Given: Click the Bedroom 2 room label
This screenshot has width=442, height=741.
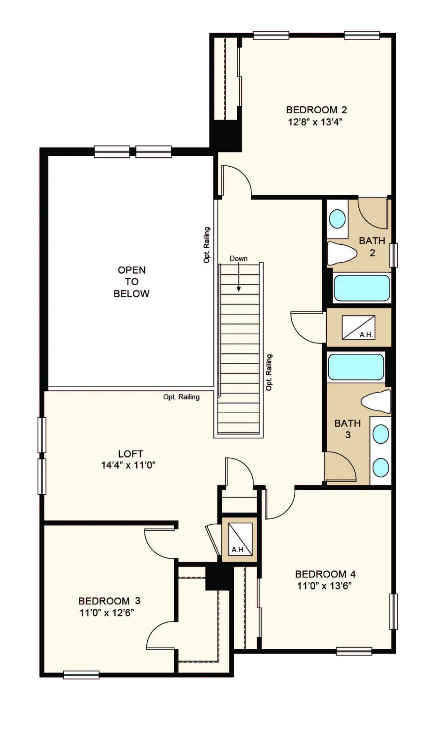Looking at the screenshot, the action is click(x=316, y=110).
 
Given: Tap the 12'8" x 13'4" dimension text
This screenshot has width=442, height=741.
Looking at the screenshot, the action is click(x=315, y=122).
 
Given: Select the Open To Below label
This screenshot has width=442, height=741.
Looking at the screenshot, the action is click(x=132, y=282).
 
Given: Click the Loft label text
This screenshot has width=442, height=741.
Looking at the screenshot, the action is click(x=131, y=454).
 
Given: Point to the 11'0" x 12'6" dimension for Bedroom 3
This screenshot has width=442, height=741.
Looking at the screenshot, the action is click(x=106, y=613).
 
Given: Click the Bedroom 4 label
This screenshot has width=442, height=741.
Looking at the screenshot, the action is click(x=325, y=574).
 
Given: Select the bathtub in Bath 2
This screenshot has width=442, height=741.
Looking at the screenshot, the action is click(x=362, y=288).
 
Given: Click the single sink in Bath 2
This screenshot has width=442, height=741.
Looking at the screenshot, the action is click(x=337, y=219).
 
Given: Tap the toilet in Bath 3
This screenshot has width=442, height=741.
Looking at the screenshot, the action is click(x=376, y=401).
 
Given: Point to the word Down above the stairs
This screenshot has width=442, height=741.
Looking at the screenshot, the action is click(x=239, y=259).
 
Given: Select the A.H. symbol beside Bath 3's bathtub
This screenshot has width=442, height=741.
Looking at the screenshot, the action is click(x=358, y=327).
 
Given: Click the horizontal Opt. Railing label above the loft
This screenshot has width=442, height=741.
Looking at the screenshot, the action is click(x=181, y=397).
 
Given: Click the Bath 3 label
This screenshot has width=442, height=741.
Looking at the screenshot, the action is click(x=347, y=429).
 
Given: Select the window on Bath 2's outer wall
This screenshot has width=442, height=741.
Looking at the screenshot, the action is click(x=394, y=255).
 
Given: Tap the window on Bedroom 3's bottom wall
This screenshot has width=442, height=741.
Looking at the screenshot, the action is click(x=81, y=675).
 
